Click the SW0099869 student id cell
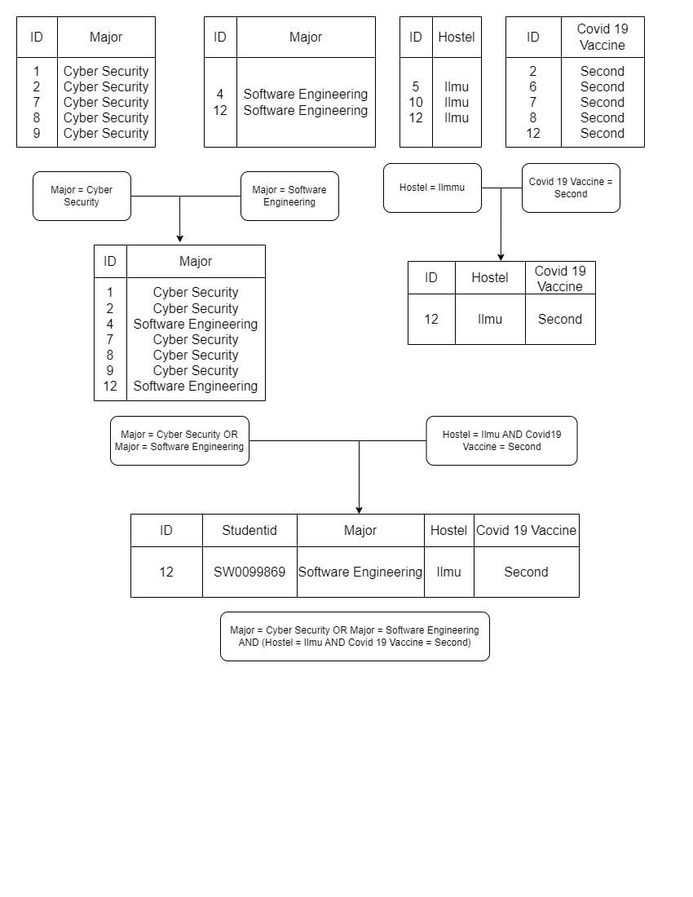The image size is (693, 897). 249,572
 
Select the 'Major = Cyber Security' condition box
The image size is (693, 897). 82,196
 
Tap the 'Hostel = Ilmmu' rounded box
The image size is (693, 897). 432,188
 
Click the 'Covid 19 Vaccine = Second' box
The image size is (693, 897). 571,188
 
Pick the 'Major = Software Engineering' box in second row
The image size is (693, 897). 289,196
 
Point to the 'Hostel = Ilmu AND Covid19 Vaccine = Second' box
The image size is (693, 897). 501,441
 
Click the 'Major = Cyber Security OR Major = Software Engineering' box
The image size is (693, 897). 179,441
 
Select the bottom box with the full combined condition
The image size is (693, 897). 355,636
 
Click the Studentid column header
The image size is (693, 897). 249,531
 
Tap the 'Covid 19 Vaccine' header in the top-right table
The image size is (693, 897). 603,37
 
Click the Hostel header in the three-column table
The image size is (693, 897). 490,278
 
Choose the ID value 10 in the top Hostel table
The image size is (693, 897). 416,103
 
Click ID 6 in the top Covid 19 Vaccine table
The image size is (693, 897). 533,87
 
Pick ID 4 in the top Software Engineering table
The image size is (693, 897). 220,95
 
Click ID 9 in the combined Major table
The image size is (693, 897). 110,371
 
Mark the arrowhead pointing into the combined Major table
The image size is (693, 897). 179,239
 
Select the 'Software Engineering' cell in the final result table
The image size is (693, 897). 360,572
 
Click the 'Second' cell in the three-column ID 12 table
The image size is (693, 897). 560,320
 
